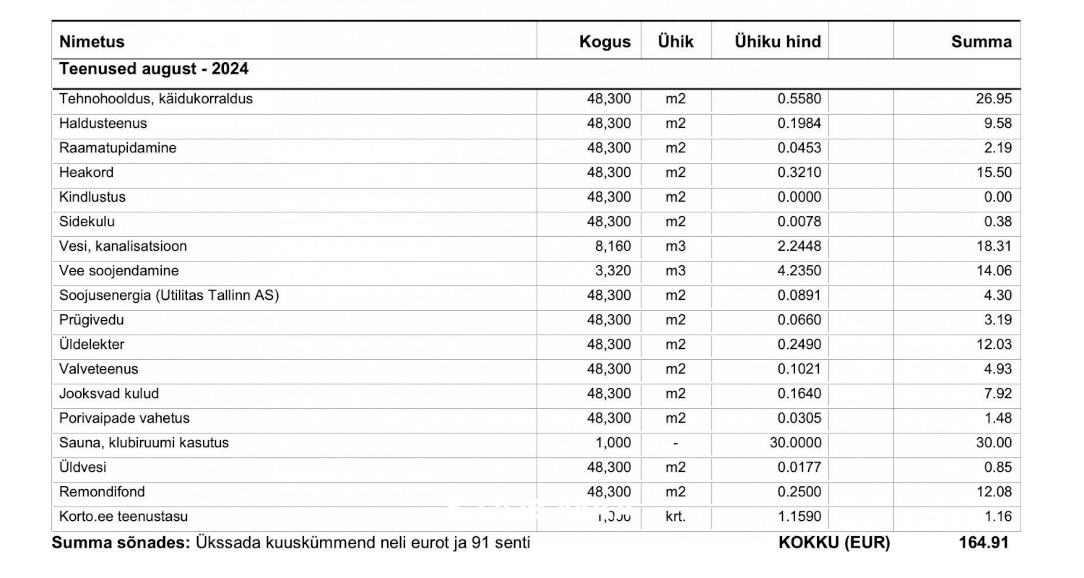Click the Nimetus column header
92,42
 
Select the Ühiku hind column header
778,42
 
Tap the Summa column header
981,42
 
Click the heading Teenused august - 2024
154,69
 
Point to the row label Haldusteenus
103,124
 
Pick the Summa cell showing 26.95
994,99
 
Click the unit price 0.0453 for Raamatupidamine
799,148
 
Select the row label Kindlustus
92,197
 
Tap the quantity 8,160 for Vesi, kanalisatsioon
612,246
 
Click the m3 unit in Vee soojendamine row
675,271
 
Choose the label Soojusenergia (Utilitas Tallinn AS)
169,296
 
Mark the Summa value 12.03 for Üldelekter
994,345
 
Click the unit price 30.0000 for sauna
795,443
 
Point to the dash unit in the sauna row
675,443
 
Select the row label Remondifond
102,492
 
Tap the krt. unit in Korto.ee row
675,517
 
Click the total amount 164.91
983,543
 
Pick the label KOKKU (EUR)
834,543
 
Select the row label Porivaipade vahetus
124,418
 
